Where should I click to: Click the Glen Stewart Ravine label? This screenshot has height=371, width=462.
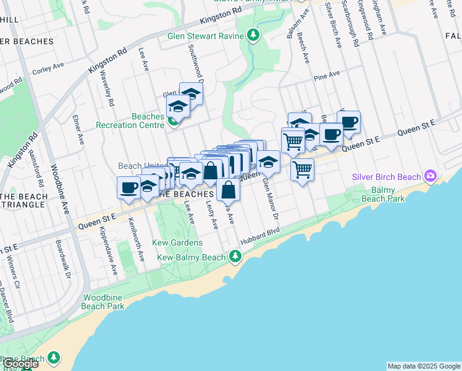click(206, 35)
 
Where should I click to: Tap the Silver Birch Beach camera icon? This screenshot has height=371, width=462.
click(430, 177)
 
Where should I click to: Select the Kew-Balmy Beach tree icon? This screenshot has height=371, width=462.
click(235, 256)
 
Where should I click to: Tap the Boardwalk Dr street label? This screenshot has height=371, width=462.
click(63, 259)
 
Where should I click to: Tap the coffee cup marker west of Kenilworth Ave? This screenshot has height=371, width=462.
click(128, 187)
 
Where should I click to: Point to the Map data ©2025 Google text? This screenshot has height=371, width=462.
click(424, 366)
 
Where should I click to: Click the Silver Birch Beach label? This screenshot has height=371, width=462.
click(386, 177)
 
